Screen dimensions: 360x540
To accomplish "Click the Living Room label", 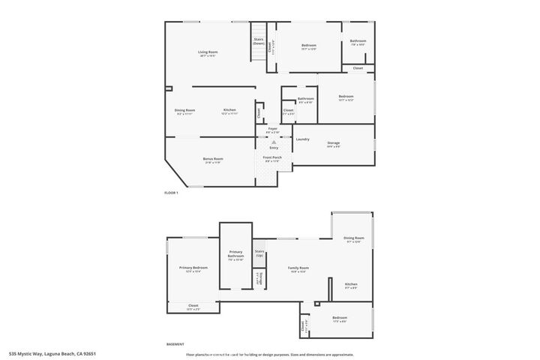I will coord(207,52).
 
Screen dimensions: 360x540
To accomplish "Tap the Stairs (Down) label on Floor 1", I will coord(258,41).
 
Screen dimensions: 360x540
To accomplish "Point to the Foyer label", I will coord(272,129).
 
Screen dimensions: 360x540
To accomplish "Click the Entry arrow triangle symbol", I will coord(273,141).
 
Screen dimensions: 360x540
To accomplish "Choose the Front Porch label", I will coord(271,158).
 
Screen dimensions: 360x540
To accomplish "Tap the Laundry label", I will coord(302,139).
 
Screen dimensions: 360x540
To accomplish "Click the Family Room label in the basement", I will coord(298,268).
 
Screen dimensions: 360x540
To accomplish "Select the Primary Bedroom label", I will coord(193,268).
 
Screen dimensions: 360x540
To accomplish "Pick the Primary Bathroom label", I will coord(235,255).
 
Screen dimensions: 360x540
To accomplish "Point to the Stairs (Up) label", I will coord(259,253).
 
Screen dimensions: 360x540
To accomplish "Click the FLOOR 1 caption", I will coord(172,193).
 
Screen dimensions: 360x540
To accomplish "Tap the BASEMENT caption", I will coord(175,344).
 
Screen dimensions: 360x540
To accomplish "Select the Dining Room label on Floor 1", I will coord(184,111).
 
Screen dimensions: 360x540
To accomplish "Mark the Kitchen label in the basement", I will coord(351,285).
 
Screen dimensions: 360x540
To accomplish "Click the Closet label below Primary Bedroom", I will coord(193,306).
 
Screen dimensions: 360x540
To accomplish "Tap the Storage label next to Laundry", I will coord(333,143).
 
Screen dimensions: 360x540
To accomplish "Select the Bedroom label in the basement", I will coord(340,319).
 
